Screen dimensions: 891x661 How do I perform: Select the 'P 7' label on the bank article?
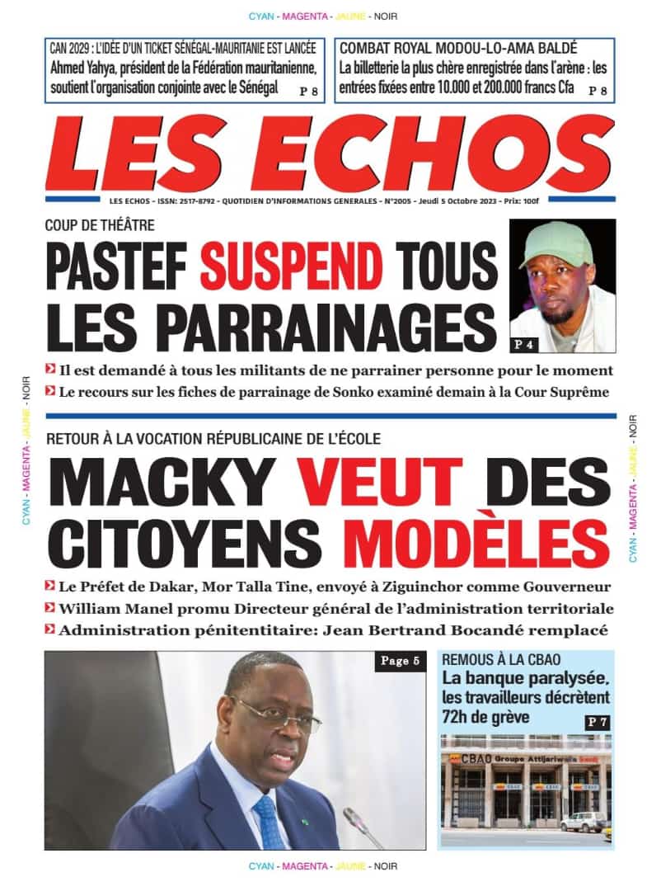(x=597, y=722)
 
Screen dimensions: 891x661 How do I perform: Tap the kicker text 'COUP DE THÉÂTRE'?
(x=100, y=224)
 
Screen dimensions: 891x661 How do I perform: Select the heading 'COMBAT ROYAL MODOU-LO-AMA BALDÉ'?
(x=458, y=48)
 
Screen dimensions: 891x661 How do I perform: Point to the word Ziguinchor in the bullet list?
(x=424, y=587)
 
